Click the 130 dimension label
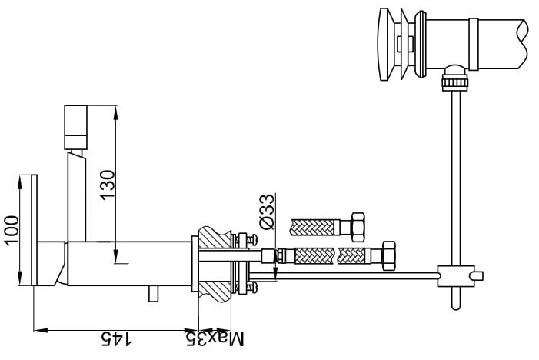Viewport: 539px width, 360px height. click(x=108, y=185)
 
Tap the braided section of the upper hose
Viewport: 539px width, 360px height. click(x=314, y=227)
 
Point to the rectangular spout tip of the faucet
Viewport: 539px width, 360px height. click(x=76, y=127)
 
